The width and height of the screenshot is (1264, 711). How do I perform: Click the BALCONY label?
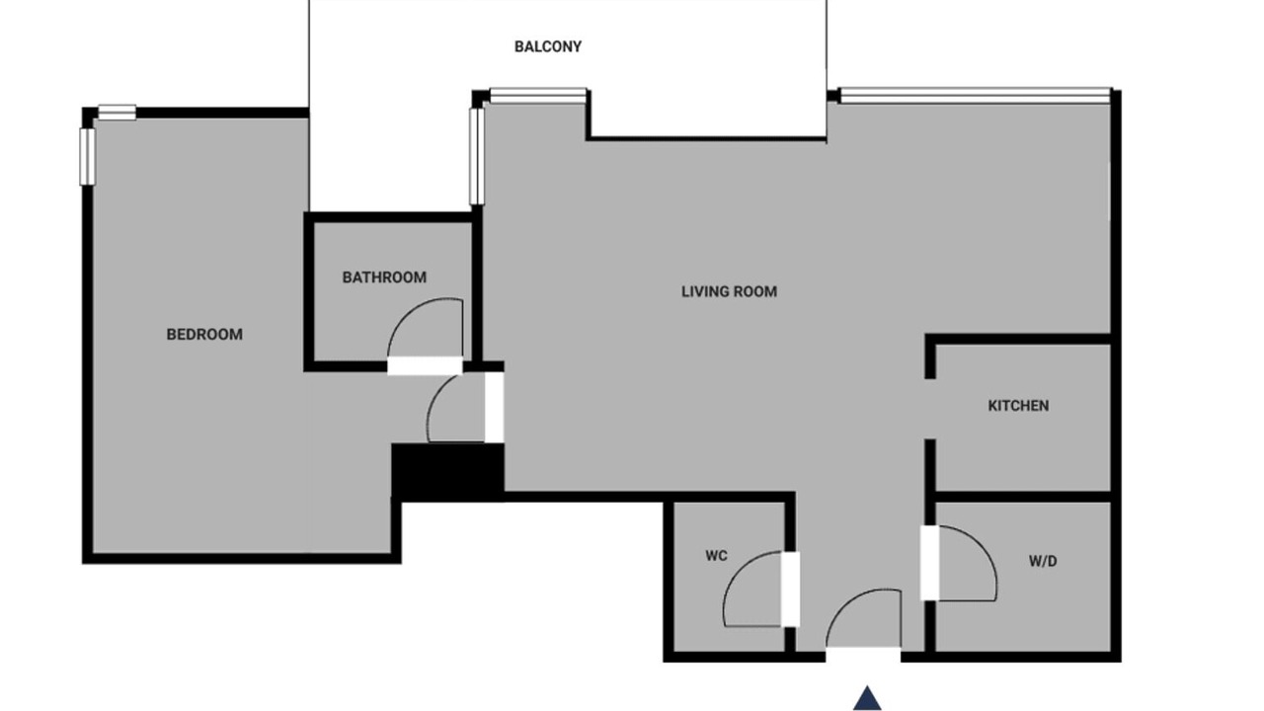coord(547,46)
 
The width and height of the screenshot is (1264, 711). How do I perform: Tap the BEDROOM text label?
coord(204,335)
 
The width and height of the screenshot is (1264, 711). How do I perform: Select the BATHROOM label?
coord(384,277)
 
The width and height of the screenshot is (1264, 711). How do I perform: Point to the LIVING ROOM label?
coord(729,291)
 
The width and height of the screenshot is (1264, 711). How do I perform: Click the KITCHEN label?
coord(1018,406)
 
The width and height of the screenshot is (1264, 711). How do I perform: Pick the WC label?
coord(716,556)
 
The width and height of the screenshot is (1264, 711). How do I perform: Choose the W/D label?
coord(1043,562)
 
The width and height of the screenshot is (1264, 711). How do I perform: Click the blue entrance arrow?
coord(867,698)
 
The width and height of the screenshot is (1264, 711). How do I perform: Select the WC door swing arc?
coord(737,570)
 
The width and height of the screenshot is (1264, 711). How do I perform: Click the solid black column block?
coord(448,472)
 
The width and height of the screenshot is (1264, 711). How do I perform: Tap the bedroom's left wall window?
coord(87,156)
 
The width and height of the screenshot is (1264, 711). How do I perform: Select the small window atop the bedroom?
coord(117,113)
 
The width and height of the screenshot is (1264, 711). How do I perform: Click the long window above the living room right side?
coord(975,96)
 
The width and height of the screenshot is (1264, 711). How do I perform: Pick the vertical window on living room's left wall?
coord(477,156)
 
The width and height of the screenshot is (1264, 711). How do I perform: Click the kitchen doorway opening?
coord(930,409)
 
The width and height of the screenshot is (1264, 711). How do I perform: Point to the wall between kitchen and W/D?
coord(1023,497)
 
